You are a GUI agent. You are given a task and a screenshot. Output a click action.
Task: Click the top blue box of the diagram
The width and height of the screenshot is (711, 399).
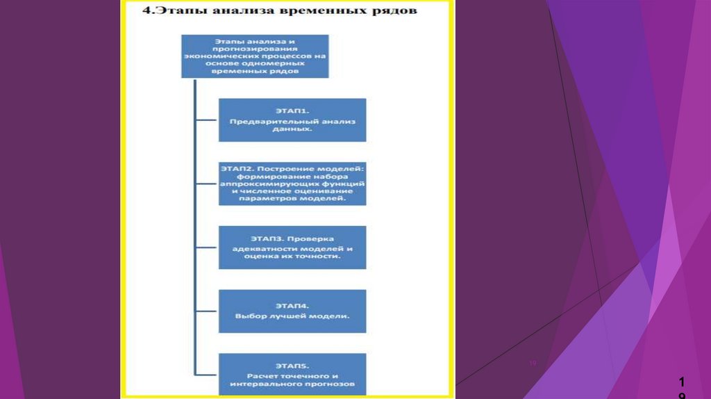click(x=255, y=56)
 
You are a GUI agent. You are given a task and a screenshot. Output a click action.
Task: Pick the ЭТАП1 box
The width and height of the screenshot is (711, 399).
click(x=292, y=120)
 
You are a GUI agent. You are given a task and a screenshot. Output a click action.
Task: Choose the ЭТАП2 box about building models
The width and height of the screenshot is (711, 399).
click(x=292, y=184)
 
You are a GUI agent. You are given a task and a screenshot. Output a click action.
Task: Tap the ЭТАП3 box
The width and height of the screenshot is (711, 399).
click(x=292, y=247)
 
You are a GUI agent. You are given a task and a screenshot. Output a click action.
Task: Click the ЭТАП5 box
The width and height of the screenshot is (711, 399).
click(x=292, y=373)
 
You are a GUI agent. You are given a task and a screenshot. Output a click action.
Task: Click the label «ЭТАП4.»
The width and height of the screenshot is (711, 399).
click(x=292, y=305)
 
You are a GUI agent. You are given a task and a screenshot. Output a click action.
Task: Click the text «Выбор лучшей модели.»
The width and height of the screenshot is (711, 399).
click(x=292, y=317)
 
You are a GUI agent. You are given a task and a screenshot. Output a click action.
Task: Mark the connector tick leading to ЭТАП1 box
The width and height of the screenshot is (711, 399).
click(x=207, y=120)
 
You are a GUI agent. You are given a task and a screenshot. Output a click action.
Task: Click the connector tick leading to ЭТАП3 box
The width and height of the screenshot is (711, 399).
click(x=207, y=247)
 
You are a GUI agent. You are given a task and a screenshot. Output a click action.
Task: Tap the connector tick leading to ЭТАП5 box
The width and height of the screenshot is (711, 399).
click(x=207, y=373)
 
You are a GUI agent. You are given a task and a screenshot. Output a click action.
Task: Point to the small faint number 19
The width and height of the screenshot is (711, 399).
click(x=534, y=363)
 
